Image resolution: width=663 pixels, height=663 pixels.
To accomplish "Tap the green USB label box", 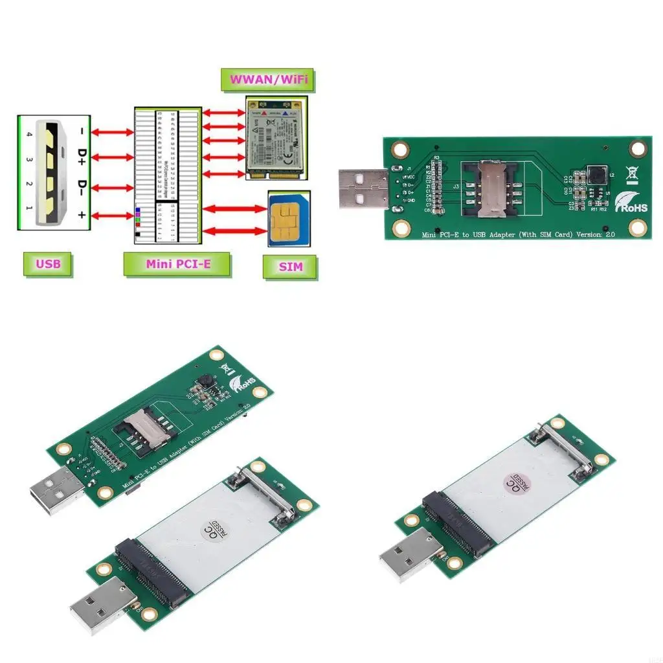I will pyautogui.click(x=48, y=264).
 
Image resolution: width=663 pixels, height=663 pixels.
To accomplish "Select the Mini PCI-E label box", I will pyautogui.click(x=178, y=264).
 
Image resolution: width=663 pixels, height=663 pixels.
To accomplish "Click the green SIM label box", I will pyautogui.click(x=291, y=266).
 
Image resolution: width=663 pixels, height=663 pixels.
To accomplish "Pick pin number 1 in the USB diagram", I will pyautogui.click(x=28, y=208).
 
